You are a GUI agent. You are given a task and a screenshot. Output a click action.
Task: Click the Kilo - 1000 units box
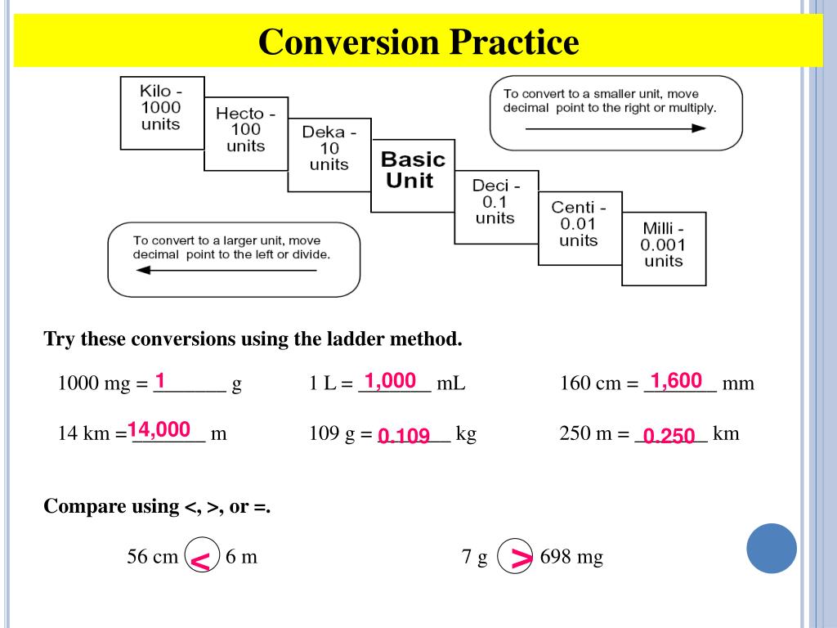(x=161, y=112)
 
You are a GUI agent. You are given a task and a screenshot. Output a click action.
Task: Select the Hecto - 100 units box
(x=245, y=133)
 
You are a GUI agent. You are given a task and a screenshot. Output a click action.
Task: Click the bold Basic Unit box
(x=413, y=175)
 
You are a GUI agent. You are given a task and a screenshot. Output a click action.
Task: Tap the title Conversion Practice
(x=418, y=42)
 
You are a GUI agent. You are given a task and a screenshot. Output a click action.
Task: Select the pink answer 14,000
(x=159, y=429)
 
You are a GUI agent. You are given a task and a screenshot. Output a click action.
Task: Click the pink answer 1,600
(x=676, y=380)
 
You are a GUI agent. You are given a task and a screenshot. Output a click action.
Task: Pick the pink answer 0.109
(x=404, y=437)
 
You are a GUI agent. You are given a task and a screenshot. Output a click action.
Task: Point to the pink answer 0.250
(x=669, y=437)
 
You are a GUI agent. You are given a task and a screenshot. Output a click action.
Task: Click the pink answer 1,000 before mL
(x=390, y=380)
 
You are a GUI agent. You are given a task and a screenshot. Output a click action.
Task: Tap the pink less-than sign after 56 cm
(x=200, y=561)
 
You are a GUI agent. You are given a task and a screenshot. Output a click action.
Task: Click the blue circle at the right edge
(x=772, y=548)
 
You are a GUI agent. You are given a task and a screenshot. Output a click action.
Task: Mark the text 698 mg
(x=571, y=558)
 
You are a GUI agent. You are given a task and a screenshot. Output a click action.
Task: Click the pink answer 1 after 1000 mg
(x=160, y=380)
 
